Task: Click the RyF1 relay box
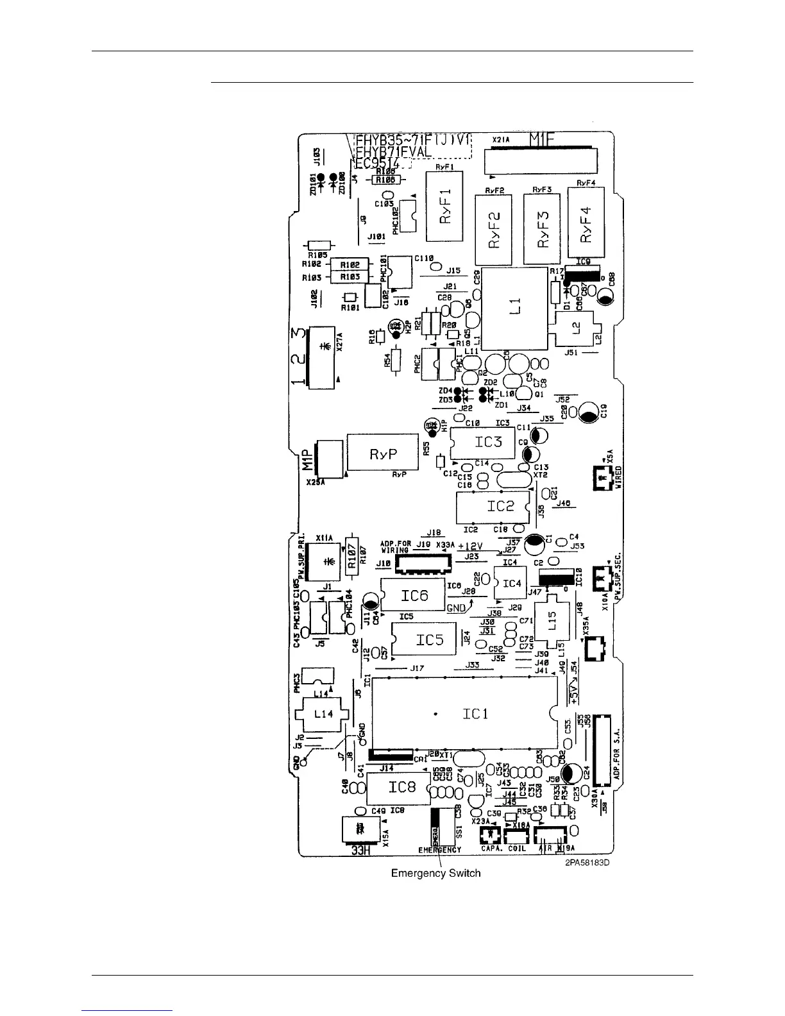pyautogui.click(x=444, y=206)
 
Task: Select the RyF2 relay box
pyautogui.click(x=493, y=230)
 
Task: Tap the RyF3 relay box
pyautogui.click(x=543, y=229)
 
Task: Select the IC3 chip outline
pyautogui.click(x=484, y=442)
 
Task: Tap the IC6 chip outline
pyautogui.click(x=414, y=595)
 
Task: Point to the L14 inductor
pyautogui.click(x=323, y=713)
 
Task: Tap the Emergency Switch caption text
pyautogui.click(x=435, y=873)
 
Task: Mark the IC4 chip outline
pyautogui.click(x=511, y=583)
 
